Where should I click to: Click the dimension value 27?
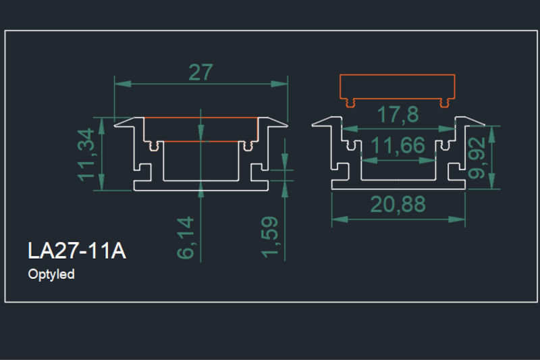point(200,72)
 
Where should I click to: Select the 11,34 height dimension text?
point(87,155)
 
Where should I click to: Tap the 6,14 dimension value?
point(187,237)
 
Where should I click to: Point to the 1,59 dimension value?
point(271,236)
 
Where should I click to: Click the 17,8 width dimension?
point(398,115)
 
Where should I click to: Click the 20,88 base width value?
point(398,205)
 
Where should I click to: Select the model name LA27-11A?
point(76,251)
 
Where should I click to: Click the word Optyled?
point(51,275)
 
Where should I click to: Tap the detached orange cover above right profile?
point(396,87)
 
